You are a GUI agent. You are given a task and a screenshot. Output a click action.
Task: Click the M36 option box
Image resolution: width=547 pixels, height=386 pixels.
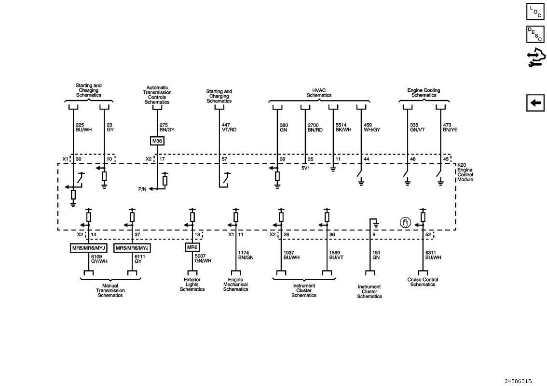point(157,142)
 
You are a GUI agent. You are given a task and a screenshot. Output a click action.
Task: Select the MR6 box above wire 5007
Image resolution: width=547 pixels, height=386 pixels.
point(192,248)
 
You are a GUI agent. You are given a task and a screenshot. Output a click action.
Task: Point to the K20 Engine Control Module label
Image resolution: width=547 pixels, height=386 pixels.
point(465,172)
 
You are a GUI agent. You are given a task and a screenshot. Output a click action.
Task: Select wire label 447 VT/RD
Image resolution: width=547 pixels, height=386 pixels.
point(229,127)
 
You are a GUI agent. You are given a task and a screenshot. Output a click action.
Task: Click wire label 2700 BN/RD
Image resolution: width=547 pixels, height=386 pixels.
point(315,127)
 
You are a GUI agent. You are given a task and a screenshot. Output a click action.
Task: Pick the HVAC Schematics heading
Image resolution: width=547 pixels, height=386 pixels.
point(319,93)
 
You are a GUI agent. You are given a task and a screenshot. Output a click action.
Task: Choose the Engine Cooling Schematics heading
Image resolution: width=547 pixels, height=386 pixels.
point(424,93)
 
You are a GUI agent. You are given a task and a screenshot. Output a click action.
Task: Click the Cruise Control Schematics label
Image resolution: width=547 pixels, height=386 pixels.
point(423,282)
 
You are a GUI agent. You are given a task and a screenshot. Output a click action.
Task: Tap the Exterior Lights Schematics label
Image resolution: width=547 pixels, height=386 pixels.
point(192,285)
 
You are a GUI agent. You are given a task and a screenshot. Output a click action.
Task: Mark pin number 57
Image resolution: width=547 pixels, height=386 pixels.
point(224,159)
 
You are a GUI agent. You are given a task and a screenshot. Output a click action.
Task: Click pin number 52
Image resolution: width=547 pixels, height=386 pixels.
point(428,235)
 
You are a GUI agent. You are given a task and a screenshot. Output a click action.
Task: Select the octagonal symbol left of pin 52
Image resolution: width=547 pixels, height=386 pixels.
point(405,223)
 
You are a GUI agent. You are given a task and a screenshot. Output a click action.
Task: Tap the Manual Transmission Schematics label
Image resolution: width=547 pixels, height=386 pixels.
point(110,290)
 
